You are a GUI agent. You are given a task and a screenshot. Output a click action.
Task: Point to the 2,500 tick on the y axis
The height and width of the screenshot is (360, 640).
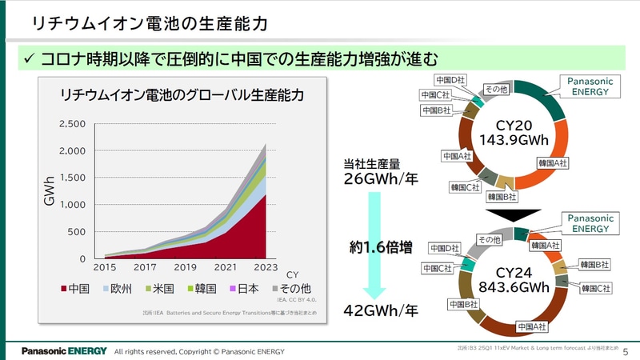pyautogui.click(x=72, y=124)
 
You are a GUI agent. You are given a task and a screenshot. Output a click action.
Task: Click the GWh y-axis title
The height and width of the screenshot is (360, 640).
pyautogui.click(x=50, y=192)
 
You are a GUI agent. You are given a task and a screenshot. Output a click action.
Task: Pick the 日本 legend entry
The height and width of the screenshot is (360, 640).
pyautogui.click(x=243, y=289)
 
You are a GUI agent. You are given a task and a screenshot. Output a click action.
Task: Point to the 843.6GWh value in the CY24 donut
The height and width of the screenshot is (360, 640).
pyautogui.click(x=514, y=287)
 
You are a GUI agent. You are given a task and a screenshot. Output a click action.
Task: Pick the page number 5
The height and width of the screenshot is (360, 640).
pyautogui.click(x=626, y=351)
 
